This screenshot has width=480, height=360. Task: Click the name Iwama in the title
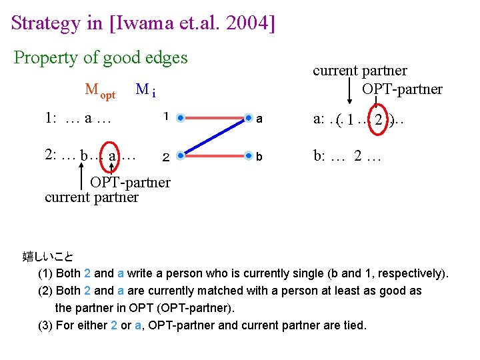point(145,23)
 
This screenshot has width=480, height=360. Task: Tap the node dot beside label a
point(247,119)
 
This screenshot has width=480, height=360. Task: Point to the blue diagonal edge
point(214,137)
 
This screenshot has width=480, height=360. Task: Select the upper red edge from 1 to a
point(214,119)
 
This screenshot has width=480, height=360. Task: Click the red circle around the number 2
point(379,120)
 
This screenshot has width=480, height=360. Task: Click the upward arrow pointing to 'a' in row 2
point(112,169)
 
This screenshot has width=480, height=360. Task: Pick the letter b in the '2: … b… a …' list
point(83,156)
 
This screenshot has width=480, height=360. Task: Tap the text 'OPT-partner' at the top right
point(402,89)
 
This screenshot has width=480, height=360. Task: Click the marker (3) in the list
point(46,325)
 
